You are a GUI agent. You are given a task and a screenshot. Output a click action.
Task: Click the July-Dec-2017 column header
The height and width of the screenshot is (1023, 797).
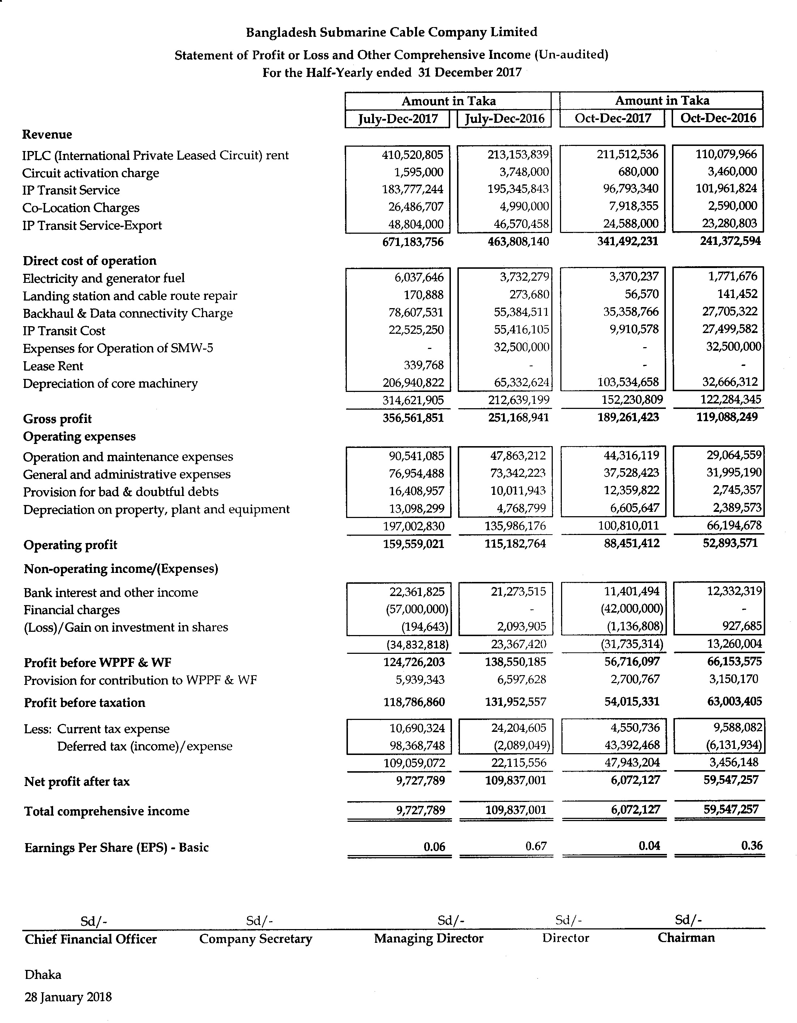[x=397, y=118]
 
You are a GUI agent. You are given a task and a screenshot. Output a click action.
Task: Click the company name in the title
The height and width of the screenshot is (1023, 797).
[x=391, y=32]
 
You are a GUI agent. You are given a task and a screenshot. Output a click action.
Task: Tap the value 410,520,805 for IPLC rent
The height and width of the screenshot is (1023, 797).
[x=412, y=155]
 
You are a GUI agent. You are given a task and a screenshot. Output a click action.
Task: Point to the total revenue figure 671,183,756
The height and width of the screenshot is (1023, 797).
[x=412, y=242]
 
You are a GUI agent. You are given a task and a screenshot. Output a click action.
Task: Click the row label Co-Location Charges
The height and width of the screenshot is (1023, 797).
[x=81, y=207]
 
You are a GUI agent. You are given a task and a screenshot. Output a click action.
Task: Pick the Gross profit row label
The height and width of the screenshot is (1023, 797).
[x=57, y=419]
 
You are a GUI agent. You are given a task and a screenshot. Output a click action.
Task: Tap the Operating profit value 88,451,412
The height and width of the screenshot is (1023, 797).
[x=631, y=543]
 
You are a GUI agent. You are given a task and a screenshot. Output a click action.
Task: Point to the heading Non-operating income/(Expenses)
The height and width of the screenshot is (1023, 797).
[x=121, y=569]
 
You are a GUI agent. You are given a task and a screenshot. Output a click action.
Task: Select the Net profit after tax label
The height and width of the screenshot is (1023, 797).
[x=77, y=781]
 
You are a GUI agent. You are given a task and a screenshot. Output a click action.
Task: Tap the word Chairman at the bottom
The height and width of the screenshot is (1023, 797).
[x=686, y=937]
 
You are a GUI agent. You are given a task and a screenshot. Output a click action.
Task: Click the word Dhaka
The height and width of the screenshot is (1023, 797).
[x=43, y=974]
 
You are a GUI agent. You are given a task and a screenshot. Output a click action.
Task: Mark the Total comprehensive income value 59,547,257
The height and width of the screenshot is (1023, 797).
[x=731, y=810]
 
